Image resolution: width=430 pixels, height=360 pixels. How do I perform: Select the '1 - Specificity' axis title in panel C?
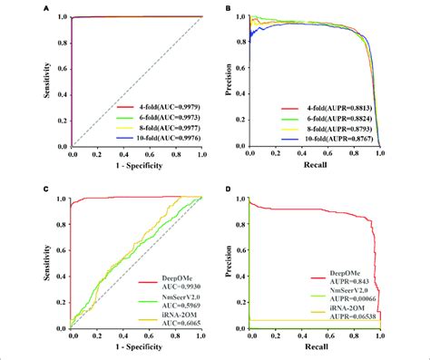pos(136,351)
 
